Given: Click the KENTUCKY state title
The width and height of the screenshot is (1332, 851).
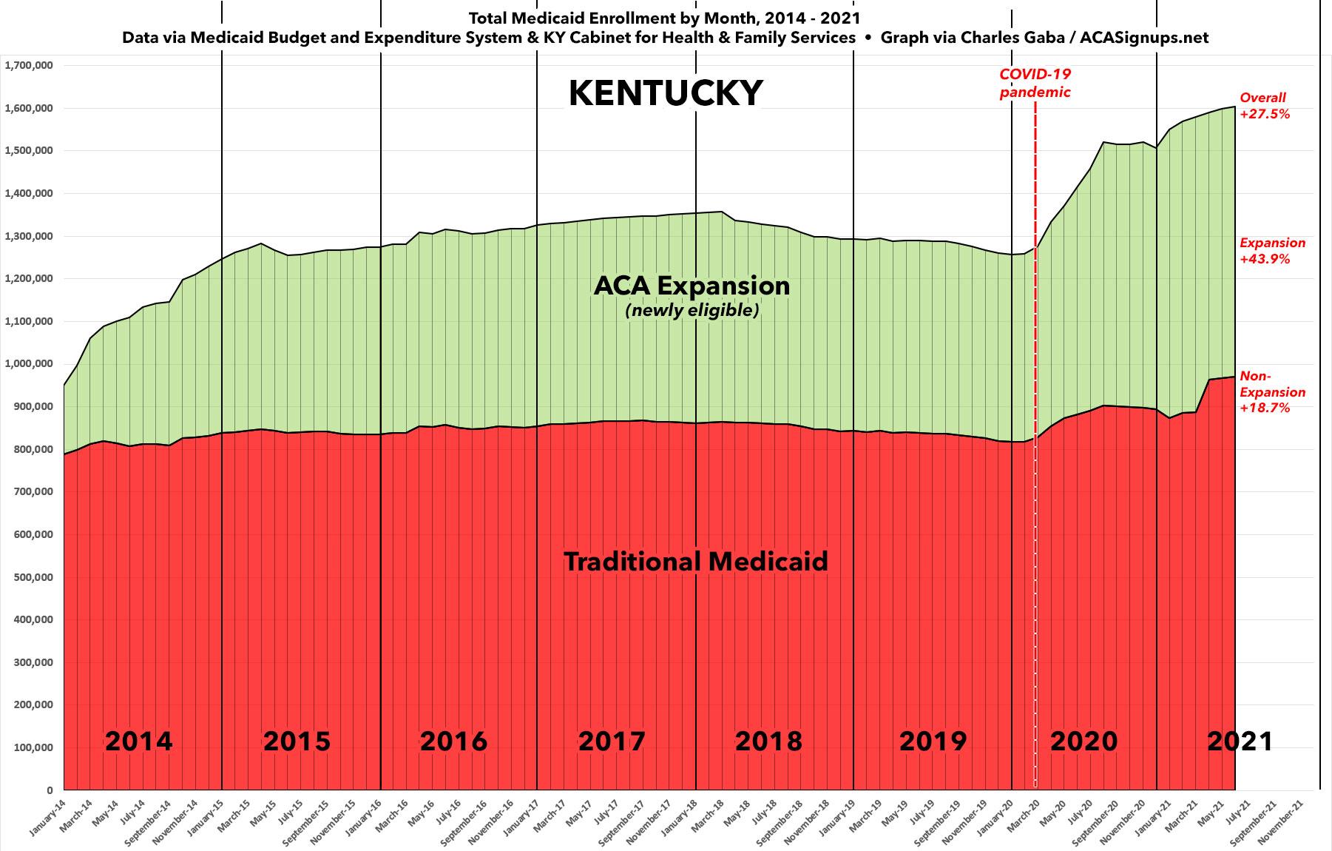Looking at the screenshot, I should tap(665, 93).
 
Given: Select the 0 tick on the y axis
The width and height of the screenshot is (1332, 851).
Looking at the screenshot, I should tap(49, 790).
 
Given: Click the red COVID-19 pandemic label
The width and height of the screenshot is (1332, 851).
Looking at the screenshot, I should tap(1035, 84).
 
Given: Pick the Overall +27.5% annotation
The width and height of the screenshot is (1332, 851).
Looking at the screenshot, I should tap(1264, 106).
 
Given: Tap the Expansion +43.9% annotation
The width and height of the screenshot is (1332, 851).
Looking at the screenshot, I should tap(1272, 251).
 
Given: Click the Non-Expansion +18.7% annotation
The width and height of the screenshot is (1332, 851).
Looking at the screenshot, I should tap(1272, 392).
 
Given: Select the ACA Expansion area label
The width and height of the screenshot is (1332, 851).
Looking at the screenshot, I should tap(692, 286).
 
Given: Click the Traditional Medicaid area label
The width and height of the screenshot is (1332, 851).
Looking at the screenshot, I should tap(695, 562).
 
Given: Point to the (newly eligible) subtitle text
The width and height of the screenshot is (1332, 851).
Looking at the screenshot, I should tap(692, 311).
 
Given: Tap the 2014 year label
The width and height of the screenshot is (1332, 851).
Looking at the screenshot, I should tap(138, 741).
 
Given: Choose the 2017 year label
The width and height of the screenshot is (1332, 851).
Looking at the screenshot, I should tap(611, 741).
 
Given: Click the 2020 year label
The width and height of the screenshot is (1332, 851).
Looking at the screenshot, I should tap(1083, 741).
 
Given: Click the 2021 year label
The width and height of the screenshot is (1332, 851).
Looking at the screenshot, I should tap(1240, 741).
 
